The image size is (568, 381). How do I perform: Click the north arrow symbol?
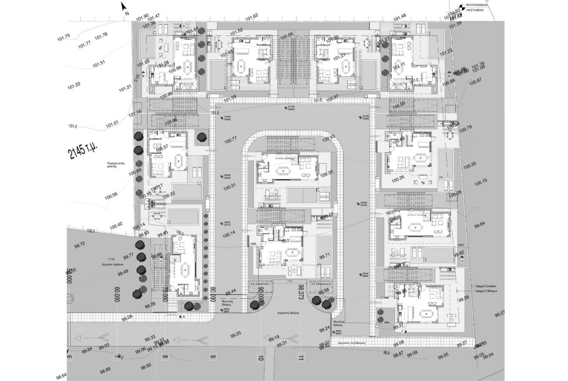tap(124, 7)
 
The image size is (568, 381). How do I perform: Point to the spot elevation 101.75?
tap(64, 36)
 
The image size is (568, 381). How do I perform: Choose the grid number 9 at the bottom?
tap(213, 358)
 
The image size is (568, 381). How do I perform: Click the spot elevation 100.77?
tap(231, 140)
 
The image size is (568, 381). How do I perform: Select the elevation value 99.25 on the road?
tap(235, 334)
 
